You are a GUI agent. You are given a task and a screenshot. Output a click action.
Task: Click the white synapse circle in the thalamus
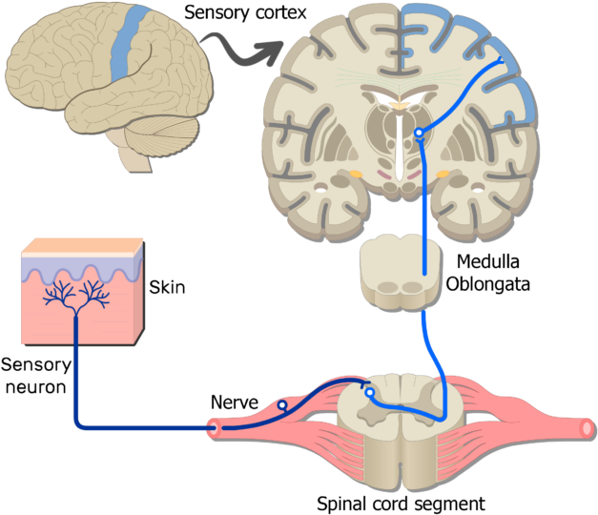pyautogui.click(x=418, y=134)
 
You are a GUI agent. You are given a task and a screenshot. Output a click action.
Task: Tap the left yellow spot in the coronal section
pyautogui.click(x=355, y=175)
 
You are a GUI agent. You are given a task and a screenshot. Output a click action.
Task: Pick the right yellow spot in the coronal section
pyautogui.click(x=443, y=175)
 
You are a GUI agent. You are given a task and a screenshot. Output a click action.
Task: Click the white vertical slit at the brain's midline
pyautogui.click(x=398, y=143)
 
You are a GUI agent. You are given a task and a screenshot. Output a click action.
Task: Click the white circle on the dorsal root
pyautogui.click(x=282, y=406)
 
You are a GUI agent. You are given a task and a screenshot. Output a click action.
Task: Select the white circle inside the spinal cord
pyautogui.click(x=370, y=392)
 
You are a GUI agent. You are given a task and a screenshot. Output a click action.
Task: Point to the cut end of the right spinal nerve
pyautogui.click(x=587, y=429)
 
